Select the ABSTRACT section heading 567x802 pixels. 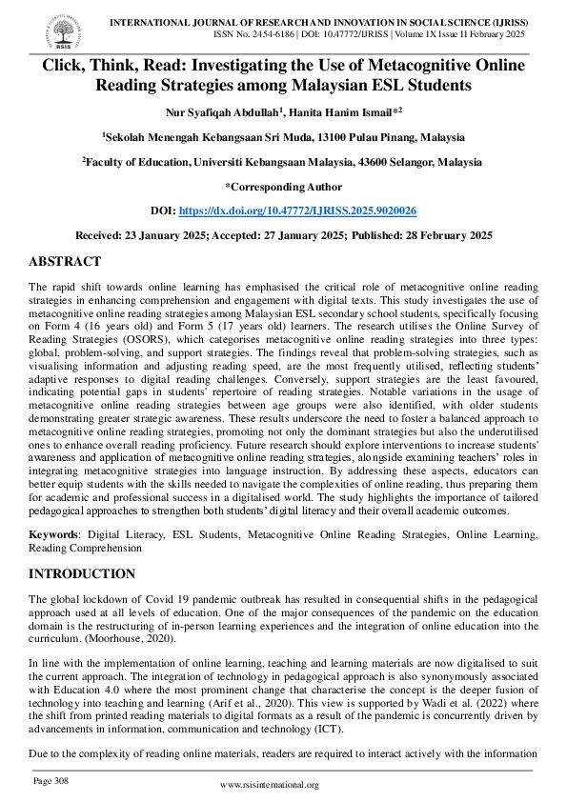tap(65, 262)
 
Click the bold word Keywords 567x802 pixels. tap(52, 535)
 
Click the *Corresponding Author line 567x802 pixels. tap(283, 186)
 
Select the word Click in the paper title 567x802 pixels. tap(63, 66)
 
